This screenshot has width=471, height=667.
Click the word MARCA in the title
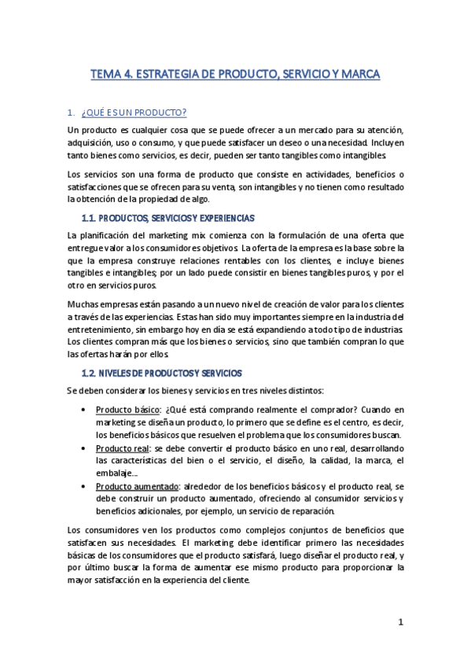point(360,75)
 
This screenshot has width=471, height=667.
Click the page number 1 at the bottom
point(400,622)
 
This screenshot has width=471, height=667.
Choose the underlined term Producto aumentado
point(137,486)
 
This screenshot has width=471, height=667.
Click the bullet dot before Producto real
point(85,448)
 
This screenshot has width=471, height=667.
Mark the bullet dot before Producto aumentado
point(85,487)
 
